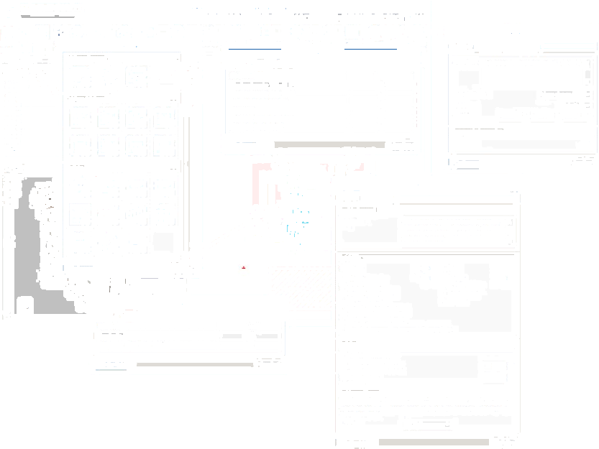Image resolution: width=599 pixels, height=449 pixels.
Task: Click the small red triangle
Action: (x=244, y=267)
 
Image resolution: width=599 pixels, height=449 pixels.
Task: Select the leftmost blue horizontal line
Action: (x=254, y=49)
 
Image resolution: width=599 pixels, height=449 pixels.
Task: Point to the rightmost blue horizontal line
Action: (x=371, y=49)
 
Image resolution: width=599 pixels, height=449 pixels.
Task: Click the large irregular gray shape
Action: (x=29, y=237)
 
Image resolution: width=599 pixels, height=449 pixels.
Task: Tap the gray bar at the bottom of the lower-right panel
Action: (x=433, y=442)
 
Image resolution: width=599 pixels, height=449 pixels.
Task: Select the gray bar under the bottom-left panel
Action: (x=194, y=365)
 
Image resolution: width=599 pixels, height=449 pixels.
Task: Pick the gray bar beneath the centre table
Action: (x=329, y=144)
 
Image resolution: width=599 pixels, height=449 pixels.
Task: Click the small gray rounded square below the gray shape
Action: (x=24, y=305)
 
